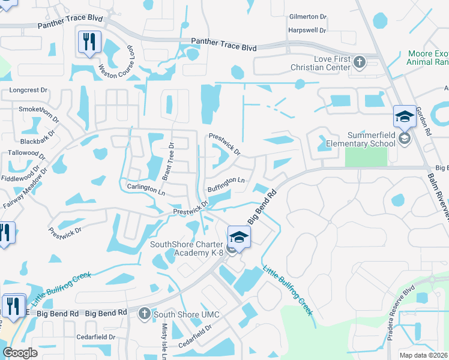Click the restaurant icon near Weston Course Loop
(x=89, y=42)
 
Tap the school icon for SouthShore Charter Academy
(x=239, y=237)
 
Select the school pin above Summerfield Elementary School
(x=405, y=116)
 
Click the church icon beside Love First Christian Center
(x=360, y=62)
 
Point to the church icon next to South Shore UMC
(x=144, y=314)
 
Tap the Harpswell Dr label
(x=307, y=30)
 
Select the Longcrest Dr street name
(x=28, y=90)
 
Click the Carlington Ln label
(x=145, y=188)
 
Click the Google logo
(x=20, y=353)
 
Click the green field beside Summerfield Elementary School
(x=366, y=157)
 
